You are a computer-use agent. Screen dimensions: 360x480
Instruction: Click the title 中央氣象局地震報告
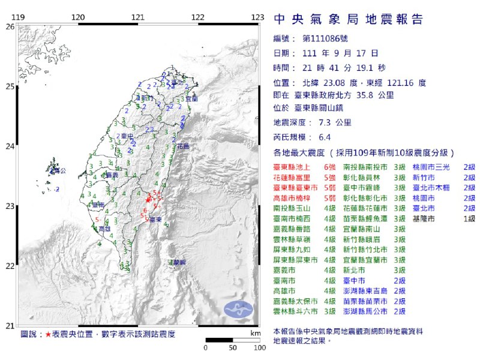[x=348, y=20]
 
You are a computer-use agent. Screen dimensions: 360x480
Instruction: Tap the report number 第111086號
[x=325, y=39]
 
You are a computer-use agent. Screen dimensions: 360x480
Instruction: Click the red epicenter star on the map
[x=149, y=197]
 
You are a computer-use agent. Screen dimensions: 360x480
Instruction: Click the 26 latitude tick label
[x=10, y=26]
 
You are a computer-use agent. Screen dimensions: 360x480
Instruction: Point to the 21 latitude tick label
[x=10, y=326]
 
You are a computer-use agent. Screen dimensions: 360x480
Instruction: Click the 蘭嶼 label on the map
[x=176, y=263]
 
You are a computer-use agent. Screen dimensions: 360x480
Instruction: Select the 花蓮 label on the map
[x=182, y=146]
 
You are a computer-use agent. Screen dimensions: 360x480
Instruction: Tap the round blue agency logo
[x=238, y=309]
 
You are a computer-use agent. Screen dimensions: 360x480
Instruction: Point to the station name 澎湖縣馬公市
[x=365, y=312]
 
